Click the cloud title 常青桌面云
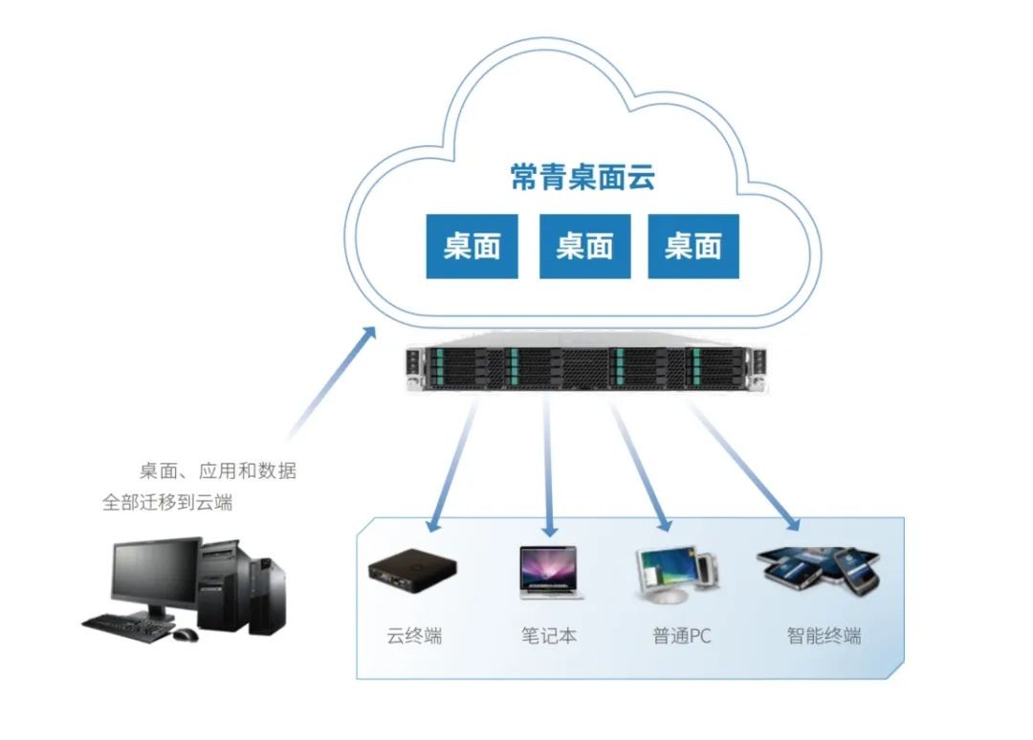(x=582, y=177)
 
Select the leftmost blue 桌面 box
(x=472, y=247)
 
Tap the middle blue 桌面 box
(x=584, y=247)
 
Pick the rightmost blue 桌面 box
(x=693, y=247)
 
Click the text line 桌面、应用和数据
(x=218, y=470)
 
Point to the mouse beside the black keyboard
(x=186, y=633)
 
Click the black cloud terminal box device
(x=412, y=571)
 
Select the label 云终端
(x=414, y=636)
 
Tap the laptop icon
(x=551, y=572)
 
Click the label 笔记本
(x=549, y=636)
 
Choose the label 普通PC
(x=682, y=636)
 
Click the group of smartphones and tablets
(x=819, y=569)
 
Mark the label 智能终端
(x=824, y=636)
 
